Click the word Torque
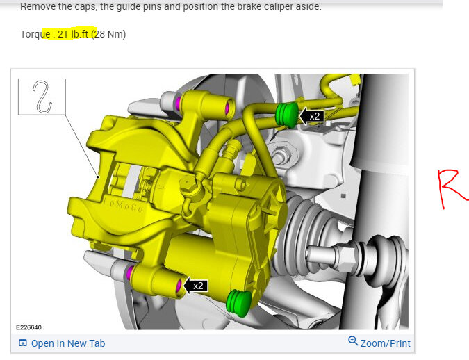[x=35, y=34]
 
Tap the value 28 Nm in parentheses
[x=110, y=34]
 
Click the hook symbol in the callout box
[x=42, y=97]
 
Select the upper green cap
[x=286, y=114]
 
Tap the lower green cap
[x=238, y=303]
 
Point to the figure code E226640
[x=28, y=327]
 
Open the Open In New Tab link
[x=68, y=343]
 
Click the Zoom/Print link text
[x=385, y=343]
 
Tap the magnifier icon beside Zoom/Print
[x=353, y=342]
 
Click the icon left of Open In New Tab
[x=23, y=343]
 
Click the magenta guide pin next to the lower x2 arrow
[x=179, y=285]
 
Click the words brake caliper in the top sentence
[x=271, y=6]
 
